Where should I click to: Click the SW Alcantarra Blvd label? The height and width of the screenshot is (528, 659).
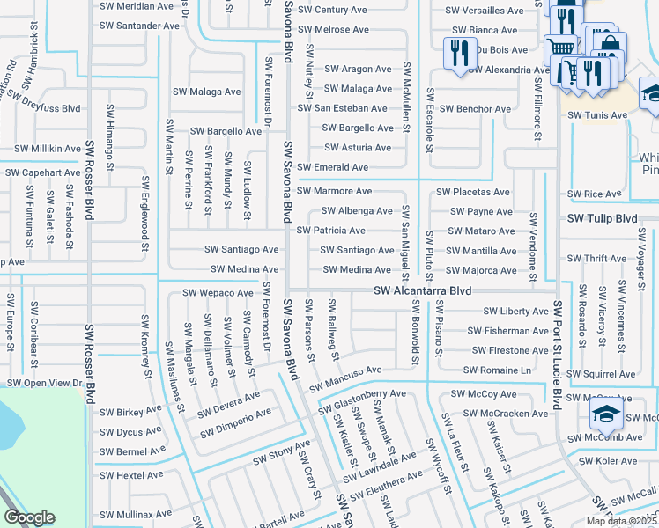pyautogui.click(x=422, y=290)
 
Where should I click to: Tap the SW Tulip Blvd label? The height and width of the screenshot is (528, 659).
pyautogui.click(x=602, y=218)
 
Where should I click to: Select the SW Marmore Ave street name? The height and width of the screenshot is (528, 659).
pyautogui.click(x=334, y=191)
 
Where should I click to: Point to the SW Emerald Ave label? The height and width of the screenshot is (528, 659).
pyautogui.click(x=332, y=167)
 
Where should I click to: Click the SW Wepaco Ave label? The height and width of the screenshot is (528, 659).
pyautogui.click(x=218, y=292)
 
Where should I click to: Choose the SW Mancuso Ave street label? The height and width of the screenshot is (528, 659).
pyautogui.click(x=344, y=372)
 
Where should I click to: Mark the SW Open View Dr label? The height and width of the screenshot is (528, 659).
pyautogui.click(x=44, y=383)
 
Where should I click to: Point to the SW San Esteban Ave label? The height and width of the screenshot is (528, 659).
pyautogui.click(x=342, y=108)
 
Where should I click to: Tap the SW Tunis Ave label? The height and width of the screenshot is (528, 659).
pyautogui.click(x=597, y=115)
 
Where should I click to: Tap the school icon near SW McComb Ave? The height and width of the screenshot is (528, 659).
pyautogui.click(x=607, y=414)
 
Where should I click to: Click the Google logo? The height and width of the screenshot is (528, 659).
pyautogui.click(x=29, y=518)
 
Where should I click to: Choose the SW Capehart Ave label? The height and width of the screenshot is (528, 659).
pyautogui.click(x=43, y=172)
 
